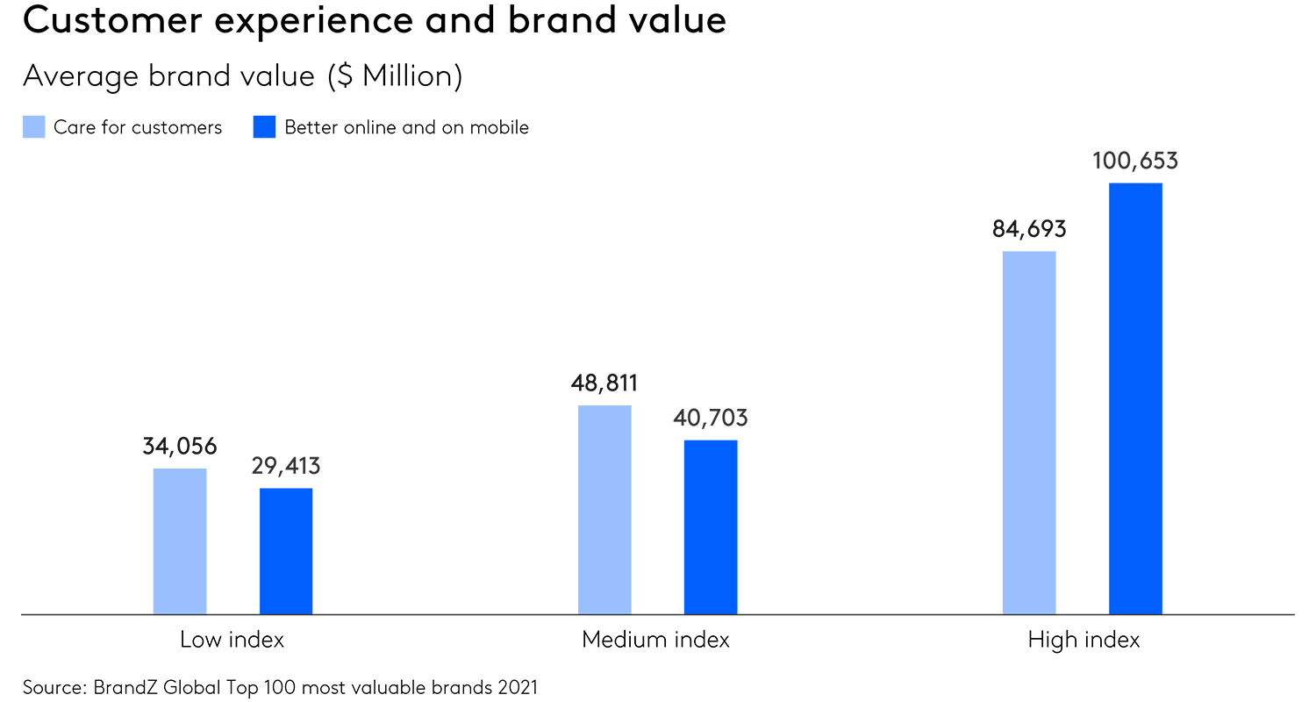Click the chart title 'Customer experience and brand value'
click(375, 21)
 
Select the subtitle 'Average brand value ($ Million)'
click(242, 76)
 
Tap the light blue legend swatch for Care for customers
click(33, 127)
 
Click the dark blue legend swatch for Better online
click(264, 127)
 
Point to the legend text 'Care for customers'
click(138, 127)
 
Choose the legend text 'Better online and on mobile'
click(406, 127)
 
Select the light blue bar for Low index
click(180, 541)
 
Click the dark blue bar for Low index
click(286, 550)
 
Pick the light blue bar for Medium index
click(604, 509)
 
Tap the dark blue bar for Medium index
click(711, 526)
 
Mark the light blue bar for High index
click(1029, 433)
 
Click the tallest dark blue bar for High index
click(1135, 398)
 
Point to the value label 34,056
click(180, 447)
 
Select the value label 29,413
click(286, 466)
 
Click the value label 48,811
click(604, 383)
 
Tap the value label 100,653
click(1135, 161)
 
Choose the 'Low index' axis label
click(232, 640)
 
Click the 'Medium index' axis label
click(655, 640)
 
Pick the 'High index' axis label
click(1084, 640)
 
